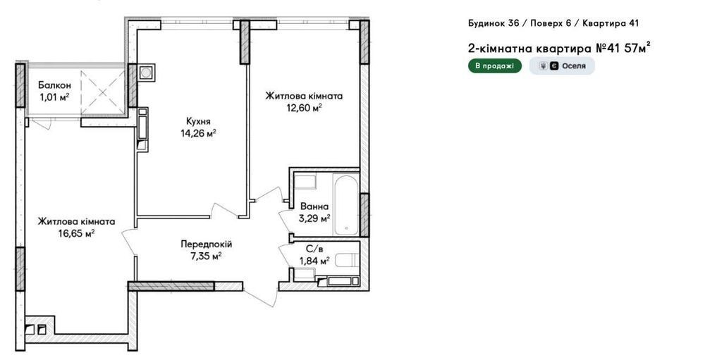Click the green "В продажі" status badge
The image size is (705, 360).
(x=495, y=66)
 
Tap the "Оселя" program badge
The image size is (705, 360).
(x=562, y=66)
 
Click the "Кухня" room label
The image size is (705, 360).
(x=198, y=121)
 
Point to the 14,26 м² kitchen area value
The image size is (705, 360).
(x=198, y=133)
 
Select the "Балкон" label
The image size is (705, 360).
(x=54, y=85)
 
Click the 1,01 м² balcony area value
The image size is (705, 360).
(x=54, y=97)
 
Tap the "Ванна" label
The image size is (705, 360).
(x=314, y=206)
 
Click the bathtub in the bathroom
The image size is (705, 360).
(x=345, y=204)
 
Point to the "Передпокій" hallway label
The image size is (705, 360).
(x=207, y=244)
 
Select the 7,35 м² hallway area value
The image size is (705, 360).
(x=206, y=256)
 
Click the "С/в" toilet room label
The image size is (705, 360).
(x=312, y=248)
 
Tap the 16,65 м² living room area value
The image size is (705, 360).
(x=76, y=233)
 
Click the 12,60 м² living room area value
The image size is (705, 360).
(x=303, y=108)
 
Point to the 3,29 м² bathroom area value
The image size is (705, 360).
(x=314, y=219)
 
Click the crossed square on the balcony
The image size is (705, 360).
(x=103, y=92)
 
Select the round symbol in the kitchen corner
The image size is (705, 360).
(x=146, y=72)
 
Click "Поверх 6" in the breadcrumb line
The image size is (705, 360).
(x=551, y=23)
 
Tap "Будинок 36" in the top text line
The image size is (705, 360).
(x=492, y=23)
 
